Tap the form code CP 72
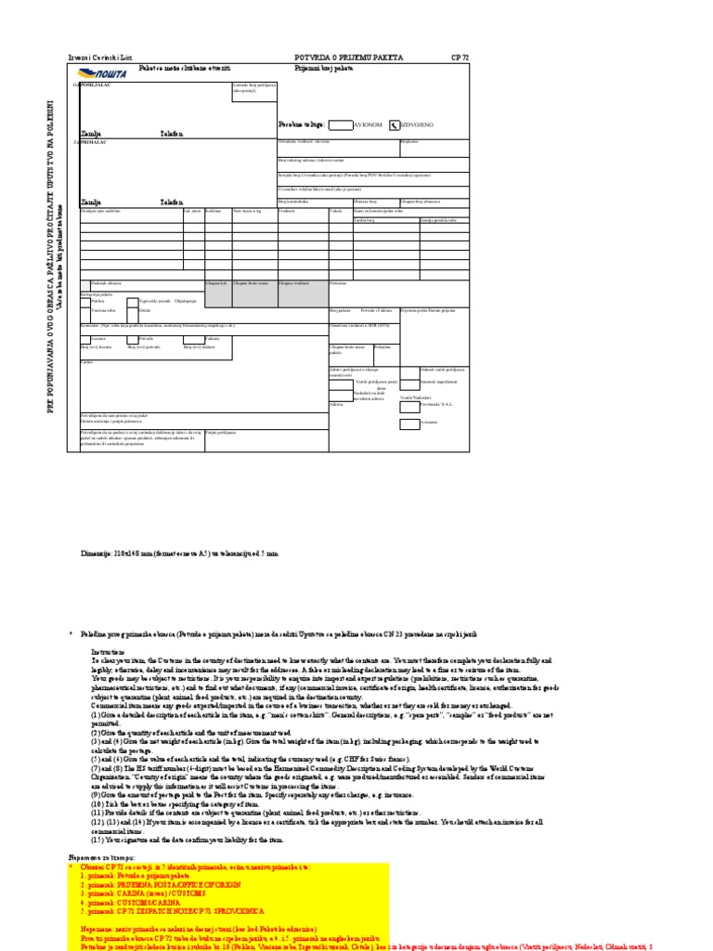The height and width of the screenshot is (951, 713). tap(460, 58)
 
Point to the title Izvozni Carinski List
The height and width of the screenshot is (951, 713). tap(96, 58)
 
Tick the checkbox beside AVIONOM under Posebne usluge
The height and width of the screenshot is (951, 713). tap(341, 124)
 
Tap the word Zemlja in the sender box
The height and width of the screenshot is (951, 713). tap(90, 133)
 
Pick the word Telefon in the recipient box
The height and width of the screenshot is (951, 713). tap(172, 201)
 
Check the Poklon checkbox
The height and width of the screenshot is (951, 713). tap(86, 302)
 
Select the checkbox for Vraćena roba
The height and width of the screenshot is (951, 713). tap(86, 310)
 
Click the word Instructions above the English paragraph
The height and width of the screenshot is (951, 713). tap(108, 653)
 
